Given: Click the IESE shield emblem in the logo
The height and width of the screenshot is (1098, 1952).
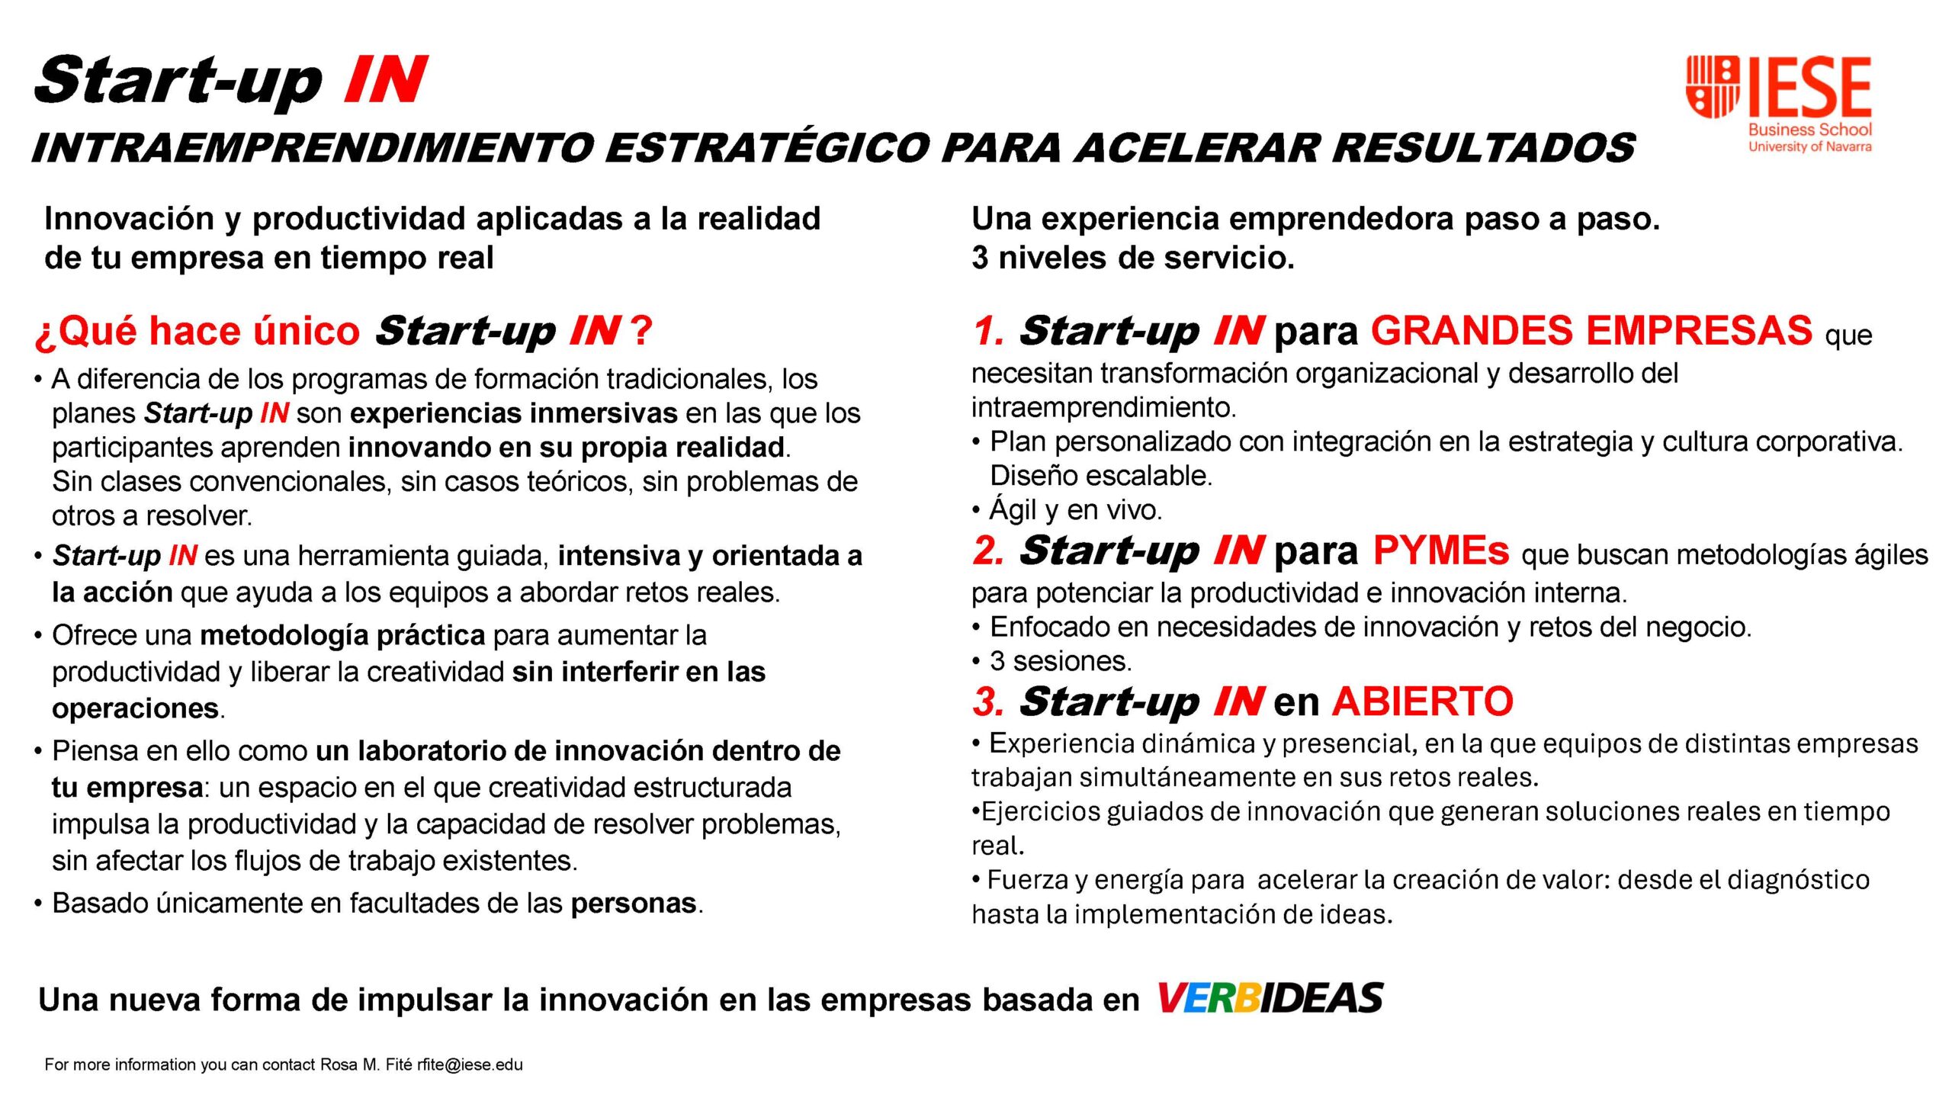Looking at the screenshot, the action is pyautogui.click(x=1712, y=86).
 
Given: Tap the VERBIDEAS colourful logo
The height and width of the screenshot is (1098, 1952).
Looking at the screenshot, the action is pyautogui.click(x=1270, y=998).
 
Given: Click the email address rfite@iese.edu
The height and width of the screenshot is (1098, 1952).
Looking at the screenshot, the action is pyautogui.click(x=470, y=1064).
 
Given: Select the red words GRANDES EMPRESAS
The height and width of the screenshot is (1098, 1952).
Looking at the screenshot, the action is pyautogui.click(x=1591, y=331).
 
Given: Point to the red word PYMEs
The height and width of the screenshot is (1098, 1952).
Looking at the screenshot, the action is pyautogui.click(x=1440, y=551).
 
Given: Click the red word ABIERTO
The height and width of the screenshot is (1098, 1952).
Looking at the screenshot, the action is pyautogui.click(x=1423, y=701).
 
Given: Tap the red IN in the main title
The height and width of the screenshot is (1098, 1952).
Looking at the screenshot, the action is pyautogui.click(x=385, y=79).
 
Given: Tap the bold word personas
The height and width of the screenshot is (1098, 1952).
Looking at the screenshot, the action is pyautogui.click(x=634, y=904).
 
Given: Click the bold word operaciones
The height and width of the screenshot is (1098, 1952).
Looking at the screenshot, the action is pyautogui.click(x=136, y=708).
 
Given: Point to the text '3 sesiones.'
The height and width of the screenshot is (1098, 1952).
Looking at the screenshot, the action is pyautogui.click(x=1061, y=661).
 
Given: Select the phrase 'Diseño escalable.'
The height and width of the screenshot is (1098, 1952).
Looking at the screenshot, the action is pyautogui.click(x=1101, y=476).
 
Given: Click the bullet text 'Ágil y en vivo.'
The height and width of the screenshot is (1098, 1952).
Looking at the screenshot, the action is pyautogui.click(x=1075, y=509).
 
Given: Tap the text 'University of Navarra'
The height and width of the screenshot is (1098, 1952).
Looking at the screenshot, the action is pyautogui.click(x=1809, y=146).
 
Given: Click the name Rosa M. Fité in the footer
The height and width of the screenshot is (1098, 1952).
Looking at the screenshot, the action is pyautogui.click(x=366, y=1064).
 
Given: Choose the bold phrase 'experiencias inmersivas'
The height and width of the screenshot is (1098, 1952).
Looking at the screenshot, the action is pyautogui.click(x=514, y=413).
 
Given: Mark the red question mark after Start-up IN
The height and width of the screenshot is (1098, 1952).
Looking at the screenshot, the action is pyautogui.click(x=641, y=331).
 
